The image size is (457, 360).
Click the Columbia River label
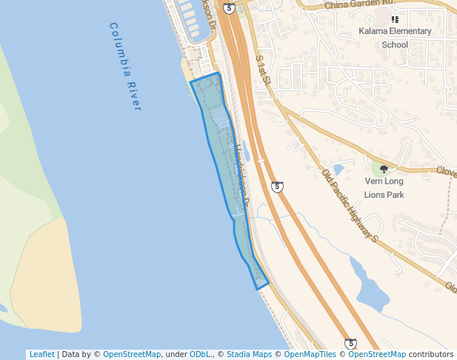coord(124,67)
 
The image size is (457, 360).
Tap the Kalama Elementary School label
coord(395,38)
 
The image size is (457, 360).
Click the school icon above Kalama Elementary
coord(395,19)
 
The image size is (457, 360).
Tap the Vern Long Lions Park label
coord(384,188)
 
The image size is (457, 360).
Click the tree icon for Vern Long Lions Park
coord(384,169)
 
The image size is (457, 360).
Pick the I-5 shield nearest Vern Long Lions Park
coord(277,187)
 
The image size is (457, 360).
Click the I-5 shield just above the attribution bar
coord(350,344)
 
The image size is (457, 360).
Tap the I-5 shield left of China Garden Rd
coord(229,8)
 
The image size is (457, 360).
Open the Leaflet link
coord(41,354)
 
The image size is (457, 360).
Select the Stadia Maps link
coord(249,354)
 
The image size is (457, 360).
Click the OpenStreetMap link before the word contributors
coord(377,354)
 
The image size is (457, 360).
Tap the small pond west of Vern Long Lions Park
coord(338,169)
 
